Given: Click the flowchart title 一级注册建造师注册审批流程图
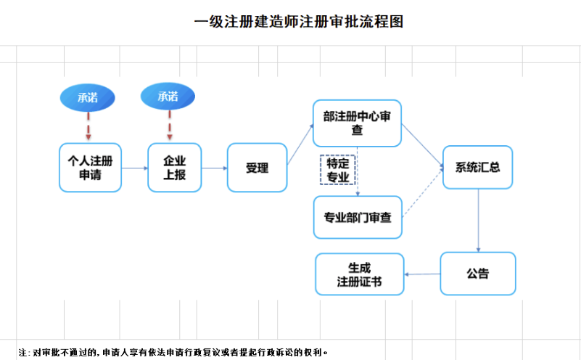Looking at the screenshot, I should pos(298,22).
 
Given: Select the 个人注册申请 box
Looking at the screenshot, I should pos(90,168).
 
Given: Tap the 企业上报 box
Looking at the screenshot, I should pos(174,168).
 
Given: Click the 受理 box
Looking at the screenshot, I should pos(257,168).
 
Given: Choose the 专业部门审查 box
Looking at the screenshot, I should pos(357,217).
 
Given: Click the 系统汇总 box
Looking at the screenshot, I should pos(478,168).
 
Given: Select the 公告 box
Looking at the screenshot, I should pos(478,274).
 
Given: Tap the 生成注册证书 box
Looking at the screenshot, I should pos(359,274).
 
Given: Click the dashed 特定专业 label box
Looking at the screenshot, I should pos(338,170).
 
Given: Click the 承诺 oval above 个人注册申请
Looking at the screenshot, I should pos(88,97).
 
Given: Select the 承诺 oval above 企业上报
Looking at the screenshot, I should pos(168,96).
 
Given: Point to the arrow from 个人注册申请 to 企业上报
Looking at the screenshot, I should pos(134,168).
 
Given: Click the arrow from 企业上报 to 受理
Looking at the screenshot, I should pos(214,168).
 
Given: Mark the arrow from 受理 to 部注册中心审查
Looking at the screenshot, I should pos(300,145).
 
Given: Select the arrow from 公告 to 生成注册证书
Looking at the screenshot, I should pos(422,274).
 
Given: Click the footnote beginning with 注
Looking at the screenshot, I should pos(174,352).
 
